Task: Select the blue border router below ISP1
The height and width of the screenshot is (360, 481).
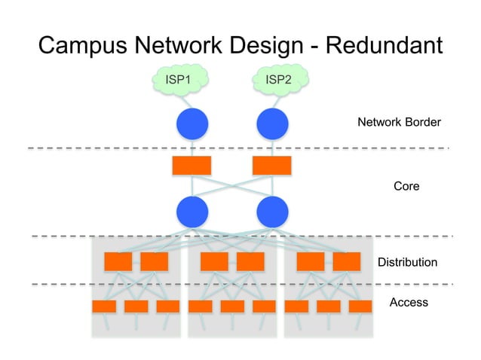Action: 191,124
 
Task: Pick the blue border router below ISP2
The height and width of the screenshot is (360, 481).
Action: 272,124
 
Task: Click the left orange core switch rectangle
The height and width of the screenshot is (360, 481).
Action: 191,166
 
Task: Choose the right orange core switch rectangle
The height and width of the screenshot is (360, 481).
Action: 271,166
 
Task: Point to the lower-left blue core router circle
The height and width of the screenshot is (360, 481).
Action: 191,211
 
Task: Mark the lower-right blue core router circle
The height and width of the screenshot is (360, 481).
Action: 272,211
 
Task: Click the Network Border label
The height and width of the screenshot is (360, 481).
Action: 399,122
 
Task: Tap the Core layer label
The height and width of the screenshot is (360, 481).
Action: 406,185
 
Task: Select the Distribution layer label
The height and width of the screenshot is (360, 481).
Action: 407,262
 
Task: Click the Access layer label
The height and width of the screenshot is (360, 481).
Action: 409,302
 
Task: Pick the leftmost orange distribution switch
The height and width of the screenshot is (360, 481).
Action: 118,261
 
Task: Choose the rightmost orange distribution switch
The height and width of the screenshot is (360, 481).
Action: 347,261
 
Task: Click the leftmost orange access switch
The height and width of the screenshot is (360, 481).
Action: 104,307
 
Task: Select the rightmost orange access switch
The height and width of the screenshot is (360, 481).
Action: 360,307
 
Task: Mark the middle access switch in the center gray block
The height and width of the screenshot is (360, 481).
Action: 232,307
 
